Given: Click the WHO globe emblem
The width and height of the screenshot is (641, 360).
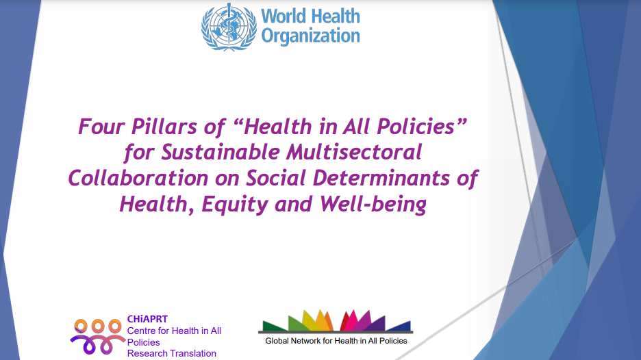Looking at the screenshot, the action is (229, 27).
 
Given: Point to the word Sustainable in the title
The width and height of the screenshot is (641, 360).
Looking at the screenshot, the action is (221, 152).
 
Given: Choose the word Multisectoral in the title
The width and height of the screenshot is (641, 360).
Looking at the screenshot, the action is (354, 152).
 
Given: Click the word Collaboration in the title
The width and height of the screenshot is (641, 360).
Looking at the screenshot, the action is (138, 178).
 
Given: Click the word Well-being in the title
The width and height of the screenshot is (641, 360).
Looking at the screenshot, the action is (373, 205).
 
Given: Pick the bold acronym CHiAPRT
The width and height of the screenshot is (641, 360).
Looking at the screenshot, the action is (147, 319).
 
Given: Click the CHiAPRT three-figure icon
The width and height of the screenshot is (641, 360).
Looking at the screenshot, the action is (98, 336).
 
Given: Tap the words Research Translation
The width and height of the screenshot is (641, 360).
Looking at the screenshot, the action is (172, 353).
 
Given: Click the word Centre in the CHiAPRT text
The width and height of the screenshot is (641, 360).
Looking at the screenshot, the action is (140, 331).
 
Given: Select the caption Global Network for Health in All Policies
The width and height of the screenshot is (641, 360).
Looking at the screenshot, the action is (336, 341).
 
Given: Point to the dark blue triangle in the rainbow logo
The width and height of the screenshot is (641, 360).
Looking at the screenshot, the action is (400, 326).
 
